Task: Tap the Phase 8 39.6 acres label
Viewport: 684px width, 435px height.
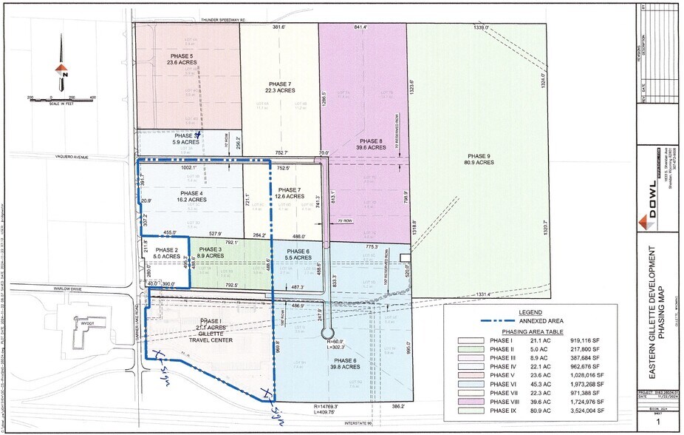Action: [371, 144]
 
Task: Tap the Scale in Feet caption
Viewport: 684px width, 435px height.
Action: [61, 103]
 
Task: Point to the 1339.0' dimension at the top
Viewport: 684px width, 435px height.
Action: [482, 27]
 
